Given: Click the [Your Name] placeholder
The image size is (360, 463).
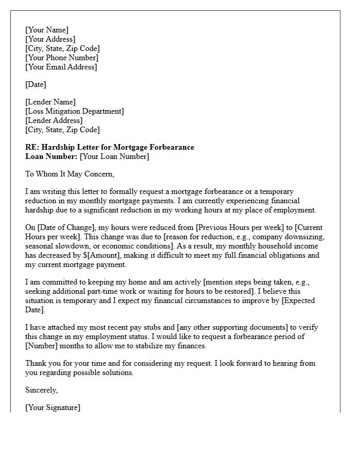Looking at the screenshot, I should [47, 30].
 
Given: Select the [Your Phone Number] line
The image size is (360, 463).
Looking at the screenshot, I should [62, 58].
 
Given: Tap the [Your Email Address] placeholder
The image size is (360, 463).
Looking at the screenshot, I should [61, 67].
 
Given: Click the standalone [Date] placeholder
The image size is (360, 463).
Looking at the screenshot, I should [35, 84].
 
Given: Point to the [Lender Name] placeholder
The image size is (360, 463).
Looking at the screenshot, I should [50, 102].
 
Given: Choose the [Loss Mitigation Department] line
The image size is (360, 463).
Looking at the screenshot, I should [75, 111].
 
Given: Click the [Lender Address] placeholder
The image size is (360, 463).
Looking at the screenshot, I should [54, 120].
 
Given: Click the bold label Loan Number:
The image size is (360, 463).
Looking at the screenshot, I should [51, 156].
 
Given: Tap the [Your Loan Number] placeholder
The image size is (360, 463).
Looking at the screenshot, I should [114, 156].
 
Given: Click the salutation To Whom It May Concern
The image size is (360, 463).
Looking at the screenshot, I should [70, 174].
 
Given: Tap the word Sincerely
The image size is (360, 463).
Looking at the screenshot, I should [42, 390].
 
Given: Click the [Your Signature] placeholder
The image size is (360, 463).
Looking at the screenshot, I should [53, 407].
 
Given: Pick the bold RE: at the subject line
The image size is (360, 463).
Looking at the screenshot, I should [32, 147].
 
